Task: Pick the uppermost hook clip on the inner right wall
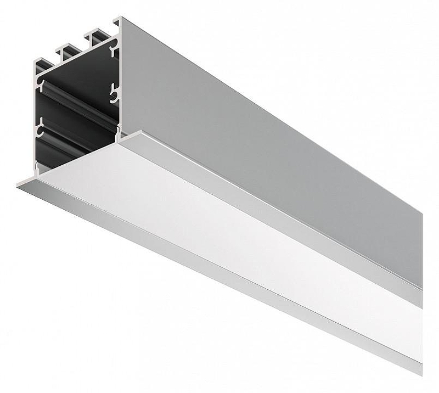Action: (x=114, y=52)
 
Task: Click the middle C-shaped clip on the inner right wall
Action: (x=114, y=94)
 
